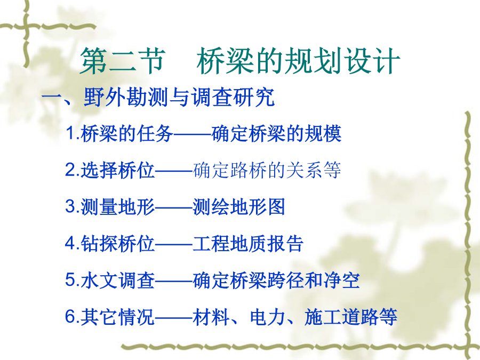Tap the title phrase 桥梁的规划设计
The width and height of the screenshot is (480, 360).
click(299, 61)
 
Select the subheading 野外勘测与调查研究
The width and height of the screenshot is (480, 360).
click(179, 98)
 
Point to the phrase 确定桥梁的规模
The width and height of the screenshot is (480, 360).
click(276, 133)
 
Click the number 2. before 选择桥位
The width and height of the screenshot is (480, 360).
click(73, 170)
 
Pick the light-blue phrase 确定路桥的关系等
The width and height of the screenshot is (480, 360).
click(267, 170)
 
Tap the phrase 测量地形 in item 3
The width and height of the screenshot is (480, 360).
click(118, 206)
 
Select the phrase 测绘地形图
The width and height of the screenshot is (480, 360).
click(239, 206)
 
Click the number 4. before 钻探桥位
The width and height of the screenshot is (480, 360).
click(73, 243)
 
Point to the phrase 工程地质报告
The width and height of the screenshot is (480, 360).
click(248, 243)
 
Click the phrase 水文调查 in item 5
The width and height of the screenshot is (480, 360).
click(118, 280)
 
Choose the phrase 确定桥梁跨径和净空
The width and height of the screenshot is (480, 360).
click(276, 280)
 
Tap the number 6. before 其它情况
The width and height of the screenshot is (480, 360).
click(73, 316)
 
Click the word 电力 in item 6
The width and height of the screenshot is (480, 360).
click(268, 317)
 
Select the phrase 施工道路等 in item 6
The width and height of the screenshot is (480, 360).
click(351, 317)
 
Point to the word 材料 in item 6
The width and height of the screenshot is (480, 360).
click(211, 317)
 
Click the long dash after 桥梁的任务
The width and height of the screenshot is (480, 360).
click(193, 134)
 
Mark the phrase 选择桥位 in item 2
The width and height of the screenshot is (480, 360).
click(118, 170)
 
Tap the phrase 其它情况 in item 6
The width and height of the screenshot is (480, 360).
click(118, 317)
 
